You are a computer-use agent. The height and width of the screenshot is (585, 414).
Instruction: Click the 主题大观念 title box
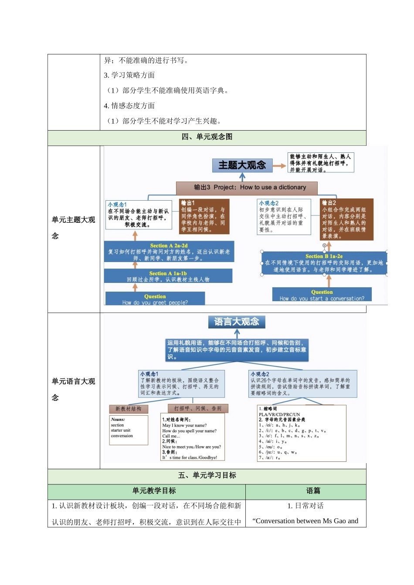click(242, 165)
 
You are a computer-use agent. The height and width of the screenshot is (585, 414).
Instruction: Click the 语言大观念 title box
click(237, 322)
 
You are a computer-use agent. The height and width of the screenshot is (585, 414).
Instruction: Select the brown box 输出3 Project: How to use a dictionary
click(247, 188)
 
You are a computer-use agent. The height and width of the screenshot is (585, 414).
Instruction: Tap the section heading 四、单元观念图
click(207, 137)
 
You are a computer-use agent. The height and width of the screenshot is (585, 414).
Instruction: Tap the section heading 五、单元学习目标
click(207, 475)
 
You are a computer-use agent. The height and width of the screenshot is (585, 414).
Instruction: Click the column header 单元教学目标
click(154, 491)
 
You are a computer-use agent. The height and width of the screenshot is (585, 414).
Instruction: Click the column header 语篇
click(312, 491)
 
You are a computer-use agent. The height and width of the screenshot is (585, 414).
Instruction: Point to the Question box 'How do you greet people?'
click(155, 299)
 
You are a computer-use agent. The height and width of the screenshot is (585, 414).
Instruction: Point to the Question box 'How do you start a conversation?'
click(322, 295)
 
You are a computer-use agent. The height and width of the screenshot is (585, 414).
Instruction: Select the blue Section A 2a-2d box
click(169, 252)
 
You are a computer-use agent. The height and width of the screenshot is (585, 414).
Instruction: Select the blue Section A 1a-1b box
click(168, 276)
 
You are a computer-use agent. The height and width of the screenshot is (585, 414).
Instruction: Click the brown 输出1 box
click(204, 216)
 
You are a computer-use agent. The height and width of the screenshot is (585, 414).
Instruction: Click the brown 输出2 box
click(346, 219)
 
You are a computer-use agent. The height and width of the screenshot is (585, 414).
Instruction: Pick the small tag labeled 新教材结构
click(129, 409)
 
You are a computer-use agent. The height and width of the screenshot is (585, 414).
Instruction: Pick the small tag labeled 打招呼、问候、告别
click(198, 408)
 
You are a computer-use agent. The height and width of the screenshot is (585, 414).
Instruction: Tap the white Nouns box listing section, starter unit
click(129, 430)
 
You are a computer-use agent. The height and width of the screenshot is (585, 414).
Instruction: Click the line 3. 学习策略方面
click(129, 75)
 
